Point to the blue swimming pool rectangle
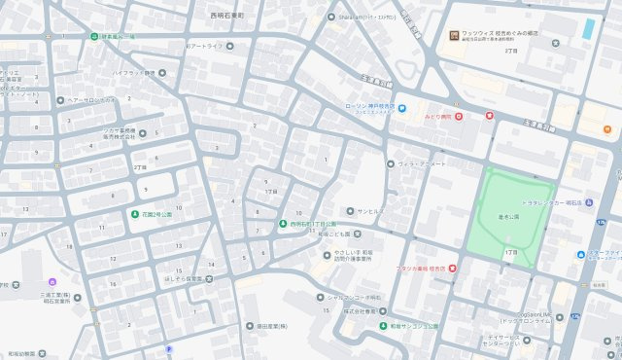point(588,28)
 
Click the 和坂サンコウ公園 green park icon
point(383,325)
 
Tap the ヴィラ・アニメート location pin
point(391,163)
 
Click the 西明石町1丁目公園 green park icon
point(282,223)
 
